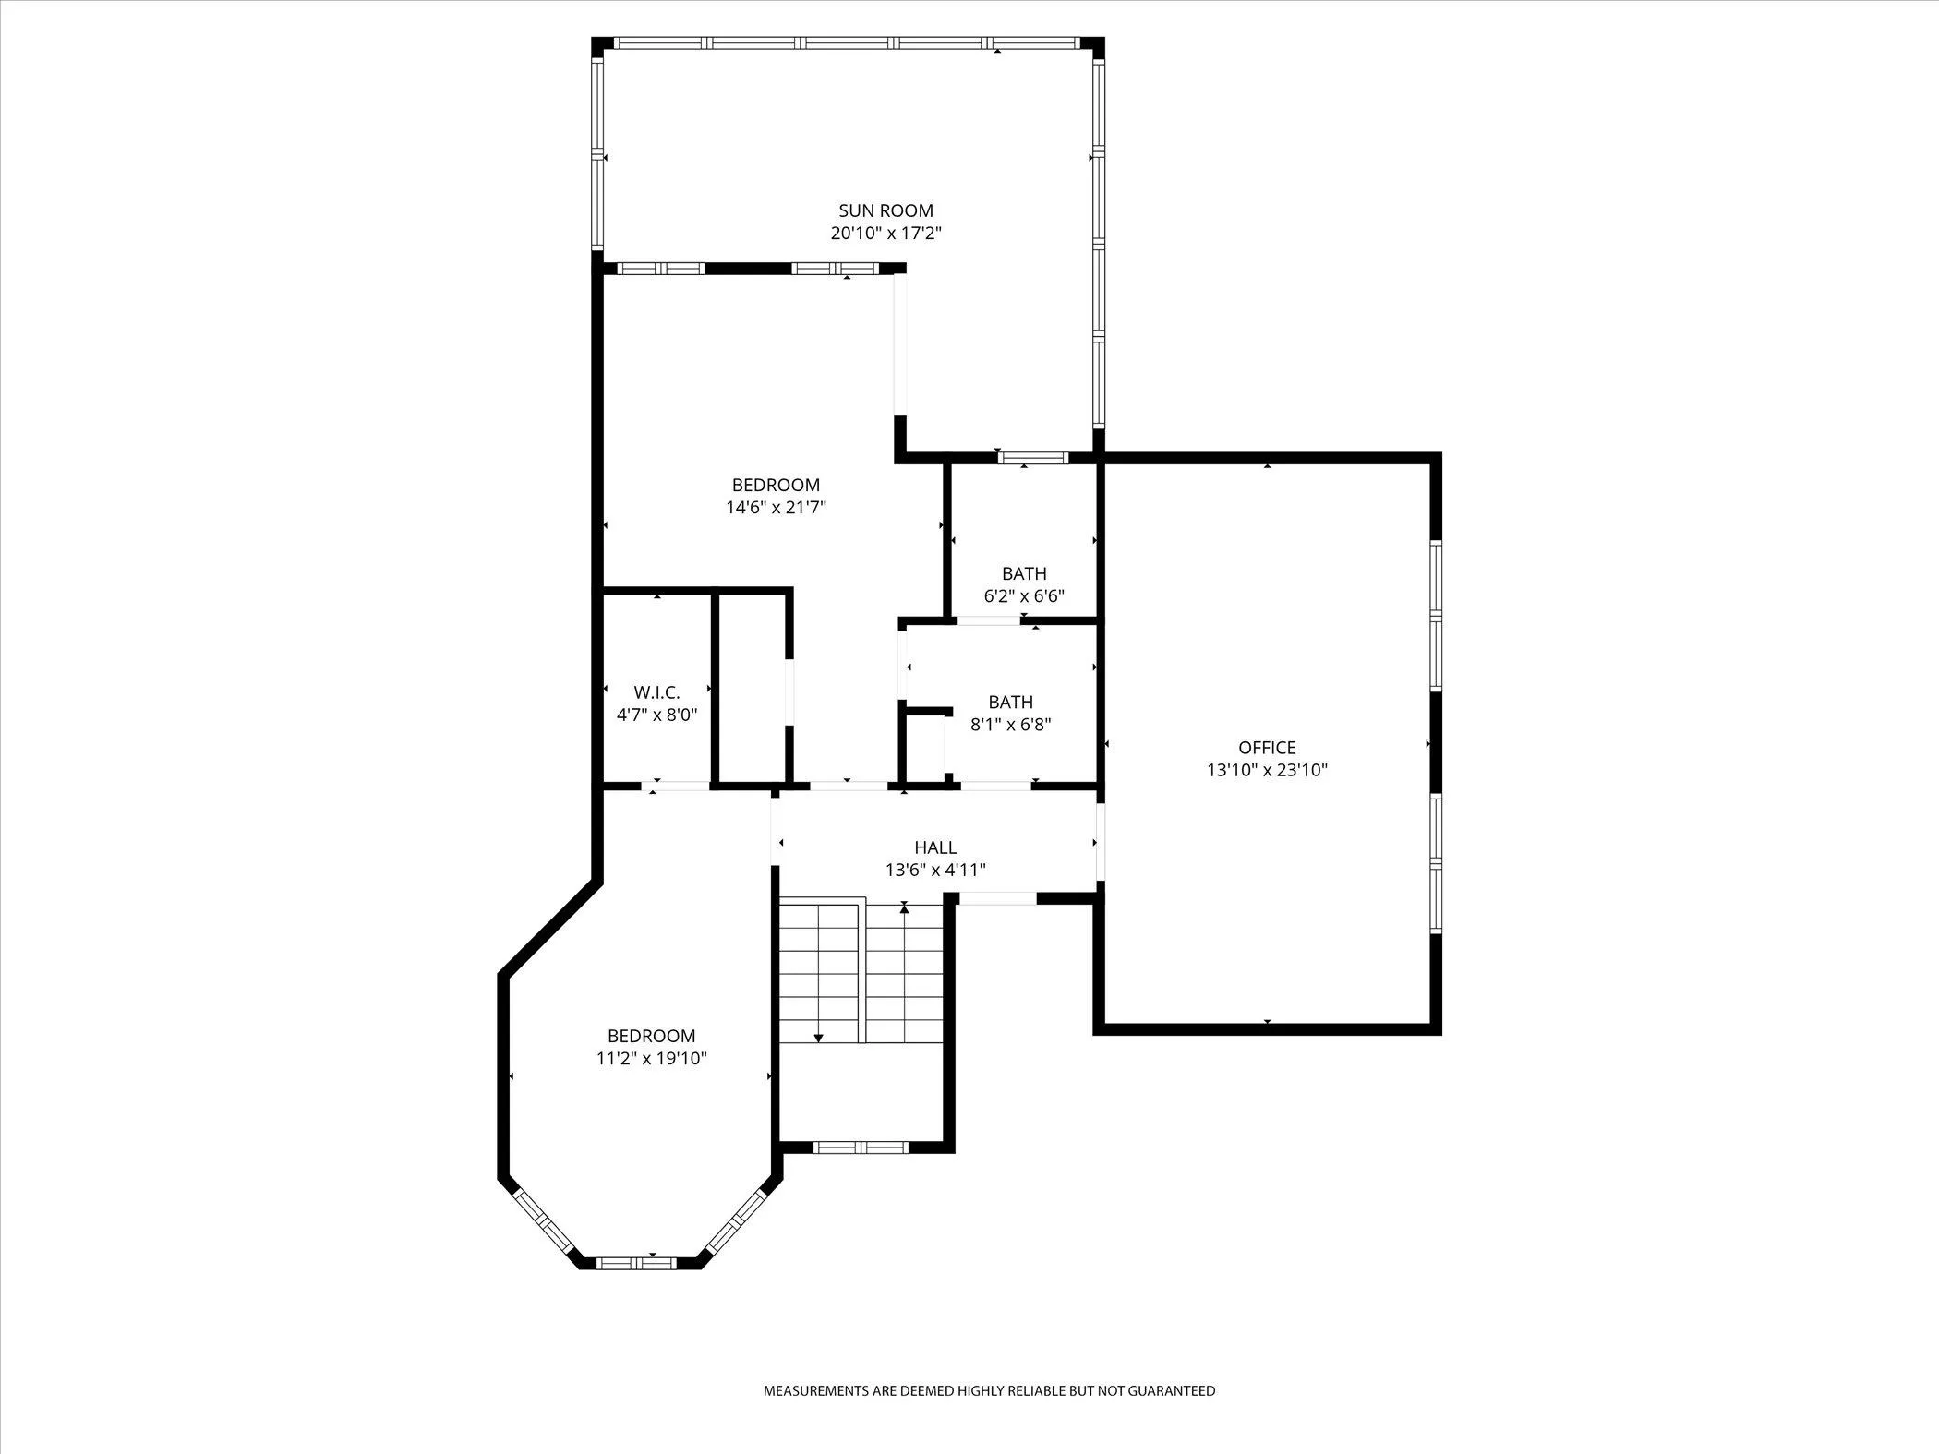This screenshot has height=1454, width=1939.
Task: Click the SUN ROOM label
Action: point(885,210)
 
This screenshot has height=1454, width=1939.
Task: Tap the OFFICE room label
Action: point(1267,748)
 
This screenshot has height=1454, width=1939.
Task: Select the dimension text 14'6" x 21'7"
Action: point(776,507)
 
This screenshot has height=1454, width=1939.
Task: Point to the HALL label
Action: point(935,847)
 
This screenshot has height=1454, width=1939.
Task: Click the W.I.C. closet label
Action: point(656,692)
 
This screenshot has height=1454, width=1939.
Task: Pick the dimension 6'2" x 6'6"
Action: point(1024,596)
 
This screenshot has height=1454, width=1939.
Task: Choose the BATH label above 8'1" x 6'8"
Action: point(1010,703)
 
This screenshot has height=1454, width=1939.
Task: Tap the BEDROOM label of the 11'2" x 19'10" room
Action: point(651,1036)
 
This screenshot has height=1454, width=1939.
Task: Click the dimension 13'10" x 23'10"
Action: point(1267,770)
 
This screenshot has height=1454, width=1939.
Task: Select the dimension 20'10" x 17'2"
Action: point(885,233)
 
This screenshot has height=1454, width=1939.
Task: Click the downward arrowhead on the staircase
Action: point(818,1039)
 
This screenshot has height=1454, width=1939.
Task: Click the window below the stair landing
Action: point(861,1148)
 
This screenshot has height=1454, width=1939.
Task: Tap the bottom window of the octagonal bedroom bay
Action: point(636,1262)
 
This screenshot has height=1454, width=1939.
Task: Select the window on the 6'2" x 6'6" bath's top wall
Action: point(1032,458)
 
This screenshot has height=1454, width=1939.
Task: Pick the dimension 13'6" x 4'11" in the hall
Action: point(935,870)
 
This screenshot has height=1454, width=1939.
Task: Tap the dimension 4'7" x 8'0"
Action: point(656,715)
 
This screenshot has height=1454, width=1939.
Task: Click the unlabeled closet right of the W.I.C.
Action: point(752,688)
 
